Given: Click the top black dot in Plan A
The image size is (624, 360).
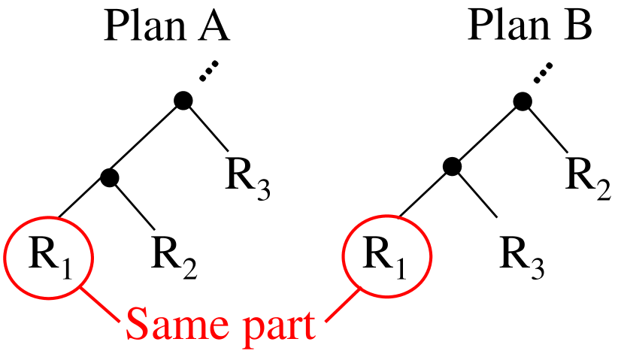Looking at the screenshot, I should click(x=182, y=100).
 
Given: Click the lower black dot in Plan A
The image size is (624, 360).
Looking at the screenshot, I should click(x=111, y=178).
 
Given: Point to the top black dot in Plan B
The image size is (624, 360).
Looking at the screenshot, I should click(x=523, y=100).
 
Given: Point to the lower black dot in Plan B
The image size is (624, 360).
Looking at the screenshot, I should click(x=450, y=167).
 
